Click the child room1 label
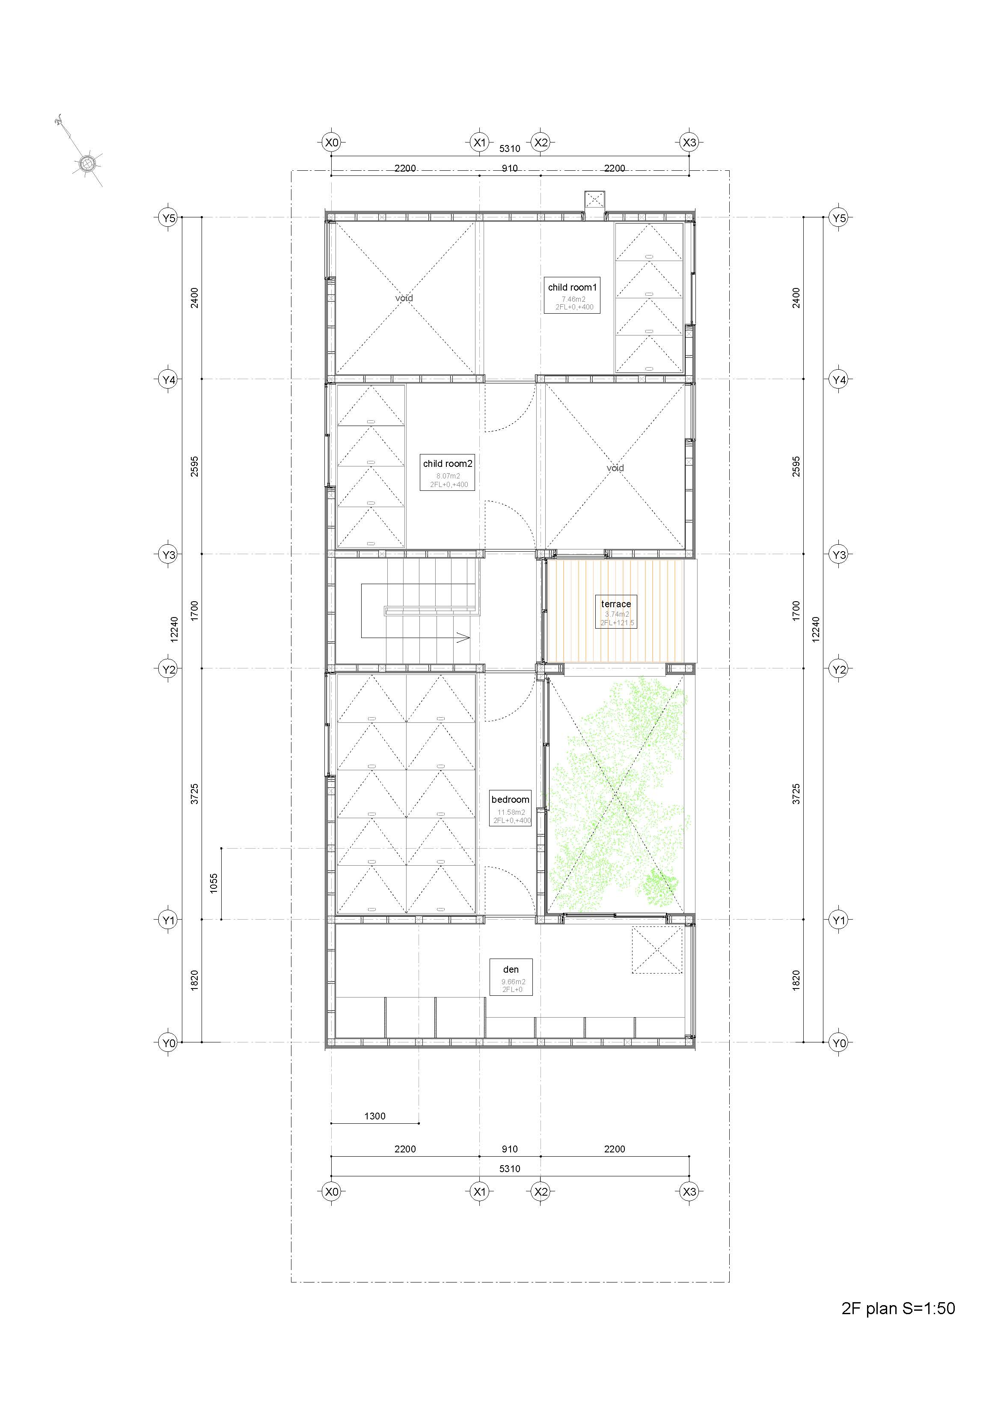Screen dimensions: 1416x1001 [572, 288]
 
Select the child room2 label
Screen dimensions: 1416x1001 [448, 464]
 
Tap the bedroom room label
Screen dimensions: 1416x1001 [510, 800]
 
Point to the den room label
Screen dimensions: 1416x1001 [511, 970]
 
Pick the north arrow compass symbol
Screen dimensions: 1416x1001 [86, 163]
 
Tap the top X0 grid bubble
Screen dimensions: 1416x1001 [332, 143]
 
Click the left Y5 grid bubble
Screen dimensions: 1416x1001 [168, 218]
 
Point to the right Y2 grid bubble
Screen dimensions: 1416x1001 [839, 669]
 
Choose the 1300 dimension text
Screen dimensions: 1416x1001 [375, 1116]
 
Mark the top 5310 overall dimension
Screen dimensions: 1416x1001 [509, 148]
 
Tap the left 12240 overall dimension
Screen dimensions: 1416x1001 [175, 629]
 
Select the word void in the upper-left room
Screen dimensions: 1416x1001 [404, 299]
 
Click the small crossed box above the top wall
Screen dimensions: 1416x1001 [594, 200]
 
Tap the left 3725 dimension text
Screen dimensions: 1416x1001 [194, 794]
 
